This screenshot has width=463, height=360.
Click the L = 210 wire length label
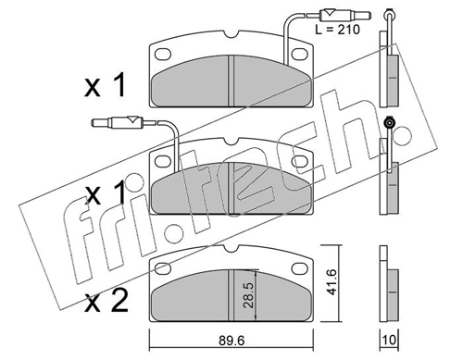click(x=337, y=30)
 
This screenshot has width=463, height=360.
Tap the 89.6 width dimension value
click(x=231, y=341)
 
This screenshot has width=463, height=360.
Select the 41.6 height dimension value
click(x=332, y=281)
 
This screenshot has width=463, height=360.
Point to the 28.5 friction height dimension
click(x=249, y=294)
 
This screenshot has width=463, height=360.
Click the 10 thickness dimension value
click(x=389, y=341)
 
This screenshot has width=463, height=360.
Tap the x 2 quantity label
click(x=106, y=302)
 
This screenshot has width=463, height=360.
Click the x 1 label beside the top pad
click(x=105, y=85)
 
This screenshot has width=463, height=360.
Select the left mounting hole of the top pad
click(x=163, y=55)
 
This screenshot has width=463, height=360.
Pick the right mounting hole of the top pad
click(x=300, y=55)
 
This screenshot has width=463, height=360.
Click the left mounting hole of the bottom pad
click(x=163, y=268)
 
